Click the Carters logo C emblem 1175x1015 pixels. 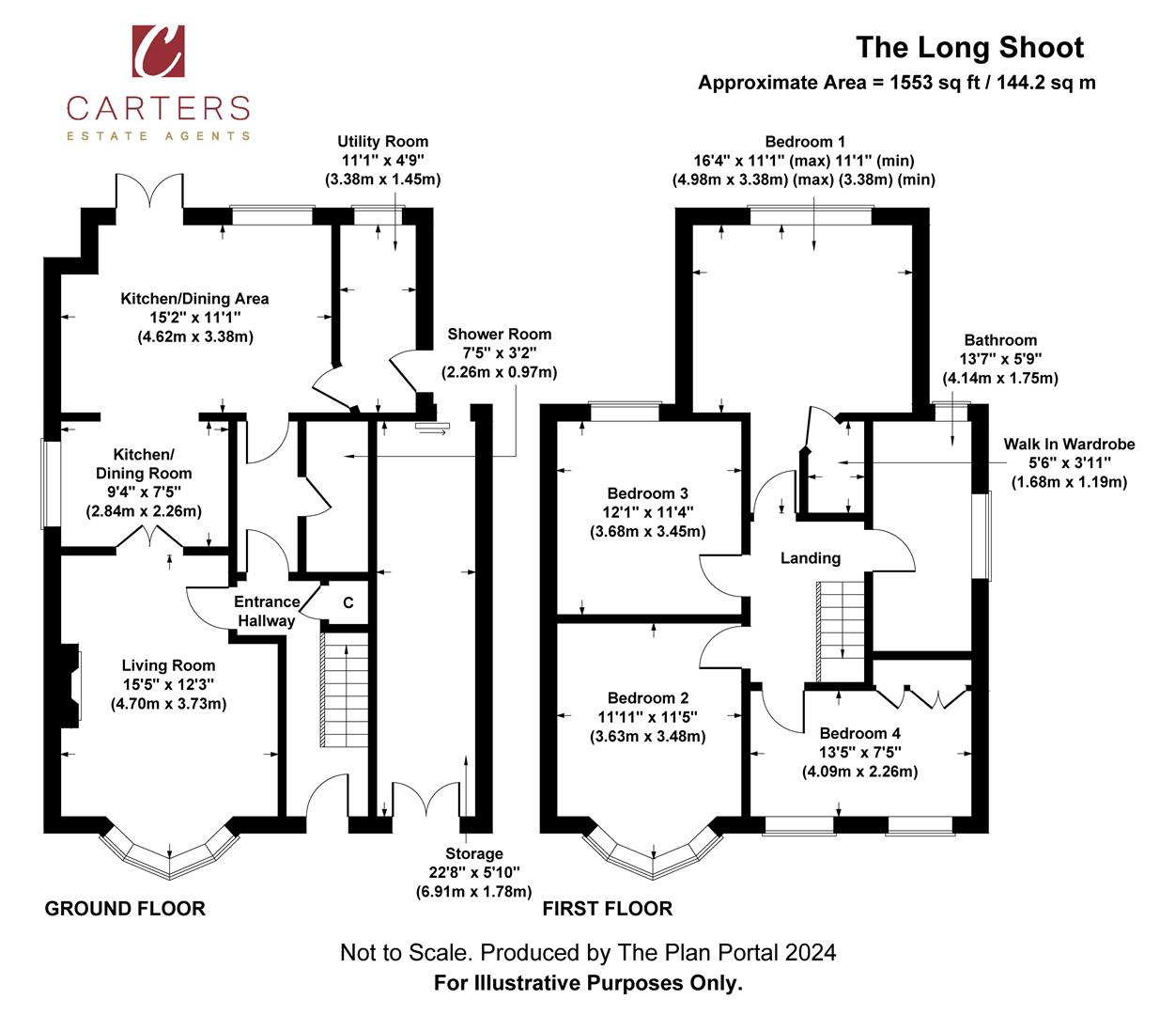(x=158, y=52)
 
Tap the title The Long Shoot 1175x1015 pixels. (x=969, y=47)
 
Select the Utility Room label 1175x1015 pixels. (x=382, y=142)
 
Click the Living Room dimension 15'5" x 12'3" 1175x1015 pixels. (x=168, y=684)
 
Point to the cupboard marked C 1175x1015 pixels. (x=348, y=603)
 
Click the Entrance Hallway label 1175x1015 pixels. (x=267, y=611)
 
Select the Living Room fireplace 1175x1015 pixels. (x=71, y=686)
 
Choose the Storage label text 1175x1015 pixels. (x=474, y=853)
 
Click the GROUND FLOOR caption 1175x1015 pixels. (x=125, y=909)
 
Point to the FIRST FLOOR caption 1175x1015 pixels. (x=608, y=909)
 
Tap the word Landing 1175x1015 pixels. (x=811, y=558)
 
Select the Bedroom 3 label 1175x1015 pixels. (x=647, y=493)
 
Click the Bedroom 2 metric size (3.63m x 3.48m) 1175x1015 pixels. (x=647, y=736)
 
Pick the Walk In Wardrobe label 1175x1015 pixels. (x=1069, y=445)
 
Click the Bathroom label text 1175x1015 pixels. (x=1000, y=340)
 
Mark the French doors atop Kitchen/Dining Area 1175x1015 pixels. (x=149, y=193)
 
